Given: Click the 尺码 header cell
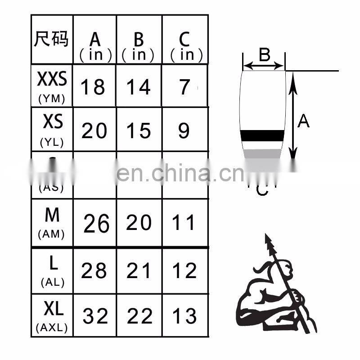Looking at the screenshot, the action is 51,39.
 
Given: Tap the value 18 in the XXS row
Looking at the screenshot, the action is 93,87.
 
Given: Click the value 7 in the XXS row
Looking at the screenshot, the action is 184,87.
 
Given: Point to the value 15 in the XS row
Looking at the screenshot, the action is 138,130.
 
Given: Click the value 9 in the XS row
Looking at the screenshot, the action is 184,130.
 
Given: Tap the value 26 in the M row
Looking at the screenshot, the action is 96,224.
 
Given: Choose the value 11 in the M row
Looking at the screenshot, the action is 184,223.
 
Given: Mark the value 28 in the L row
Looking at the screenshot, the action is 94,271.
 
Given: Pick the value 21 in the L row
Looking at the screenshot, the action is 139,271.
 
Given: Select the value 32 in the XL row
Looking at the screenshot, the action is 95,316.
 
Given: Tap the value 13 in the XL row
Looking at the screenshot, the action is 184,316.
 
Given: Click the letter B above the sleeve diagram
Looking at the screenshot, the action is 264,55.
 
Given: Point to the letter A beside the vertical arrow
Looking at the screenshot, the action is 304,121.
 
